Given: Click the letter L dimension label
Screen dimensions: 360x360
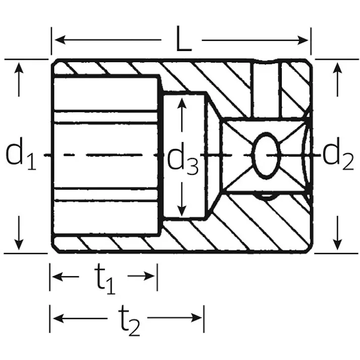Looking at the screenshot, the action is click(x=184, y=39).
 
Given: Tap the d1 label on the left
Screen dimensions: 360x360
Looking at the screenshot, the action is click(x=20, y=153).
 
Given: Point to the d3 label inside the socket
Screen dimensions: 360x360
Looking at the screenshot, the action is click(x=183, y=159).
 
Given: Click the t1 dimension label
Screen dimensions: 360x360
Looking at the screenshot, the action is click(x=105, y=279).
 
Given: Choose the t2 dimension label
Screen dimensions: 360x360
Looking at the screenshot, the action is click(x=129, y=321).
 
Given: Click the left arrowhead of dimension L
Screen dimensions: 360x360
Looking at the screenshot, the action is click(x=60, y=40).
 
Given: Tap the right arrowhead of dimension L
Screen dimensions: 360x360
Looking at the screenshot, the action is click(x=303, y=40).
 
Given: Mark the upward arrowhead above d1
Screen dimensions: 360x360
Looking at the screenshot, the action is click(x=19, y=68).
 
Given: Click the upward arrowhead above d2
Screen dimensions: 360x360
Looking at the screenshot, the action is click(x=337, y=68).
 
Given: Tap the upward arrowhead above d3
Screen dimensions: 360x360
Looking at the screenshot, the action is click(x=182, y=104).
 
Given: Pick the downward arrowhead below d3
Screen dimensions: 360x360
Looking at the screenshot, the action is click(x=182, y=211).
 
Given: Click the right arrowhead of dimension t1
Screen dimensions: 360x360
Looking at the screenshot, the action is click(x=149, y=276).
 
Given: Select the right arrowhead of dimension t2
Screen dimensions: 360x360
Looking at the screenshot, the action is click(x=196, y=318).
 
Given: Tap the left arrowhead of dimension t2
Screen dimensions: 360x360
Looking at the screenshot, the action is click(x=58, y=319).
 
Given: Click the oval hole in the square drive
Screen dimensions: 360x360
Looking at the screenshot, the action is click(x=266, y=156).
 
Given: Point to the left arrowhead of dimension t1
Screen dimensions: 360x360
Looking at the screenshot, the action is click(x=58, y=276).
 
